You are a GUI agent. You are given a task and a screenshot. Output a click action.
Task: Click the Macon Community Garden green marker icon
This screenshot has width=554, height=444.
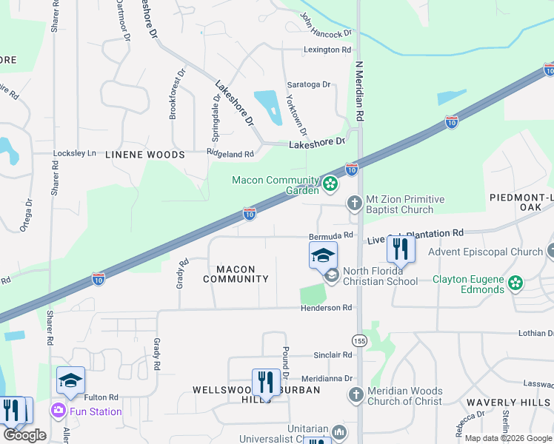pos(330,183)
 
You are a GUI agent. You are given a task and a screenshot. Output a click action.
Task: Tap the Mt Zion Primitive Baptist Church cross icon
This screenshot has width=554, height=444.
pos(355,202)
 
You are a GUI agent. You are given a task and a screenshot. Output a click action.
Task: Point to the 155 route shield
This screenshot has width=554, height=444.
pos(360,340)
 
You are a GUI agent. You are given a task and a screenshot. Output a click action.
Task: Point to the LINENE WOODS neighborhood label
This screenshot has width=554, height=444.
pos(144,155)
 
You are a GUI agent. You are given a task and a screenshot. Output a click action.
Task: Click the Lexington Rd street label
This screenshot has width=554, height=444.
pos(327,50)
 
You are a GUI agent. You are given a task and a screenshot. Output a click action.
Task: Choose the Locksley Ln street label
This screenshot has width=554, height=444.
pos(75,153)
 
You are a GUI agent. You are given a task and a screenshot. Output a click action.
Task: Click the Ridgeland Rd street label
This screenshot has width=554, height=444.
pos(230,154)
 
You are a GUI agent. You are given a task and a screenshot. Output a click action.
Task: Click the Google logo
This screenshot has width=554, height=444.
pos(24,434)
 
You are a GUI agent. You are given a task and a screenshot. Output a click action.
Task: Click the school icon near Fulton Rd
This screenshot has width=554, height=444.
pos(70,381)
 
